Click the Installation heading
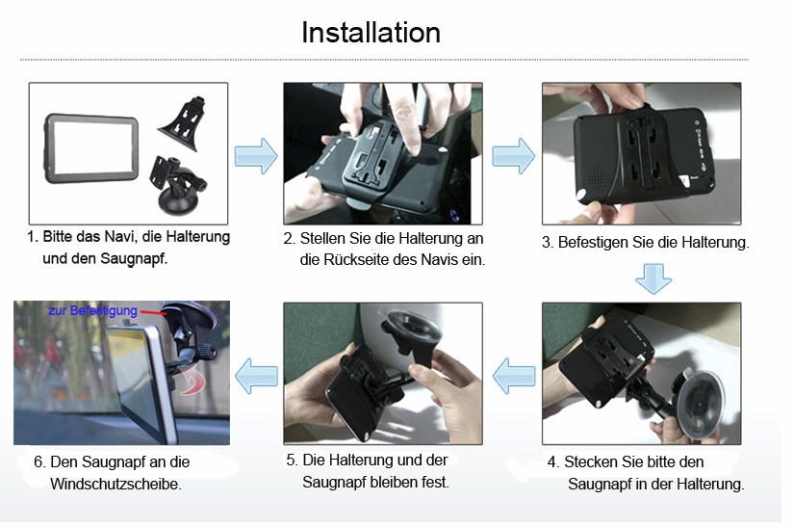371,33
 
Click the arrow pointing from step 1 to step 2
256,156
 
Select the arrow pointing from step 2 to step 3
513,156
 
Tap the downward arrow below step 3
653,278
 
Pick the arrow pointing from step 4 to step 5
514,376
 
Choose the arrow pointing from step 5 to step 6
256,376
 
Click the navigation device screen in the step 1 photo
93,147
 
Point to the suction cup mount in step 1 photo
177,186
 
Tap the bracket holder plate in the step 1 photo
183,123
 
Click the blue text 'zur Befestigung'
92,310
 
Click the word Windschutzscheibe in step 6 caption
115,484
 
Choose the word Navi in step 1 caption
119,237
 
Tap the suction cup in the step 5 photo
413,330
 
